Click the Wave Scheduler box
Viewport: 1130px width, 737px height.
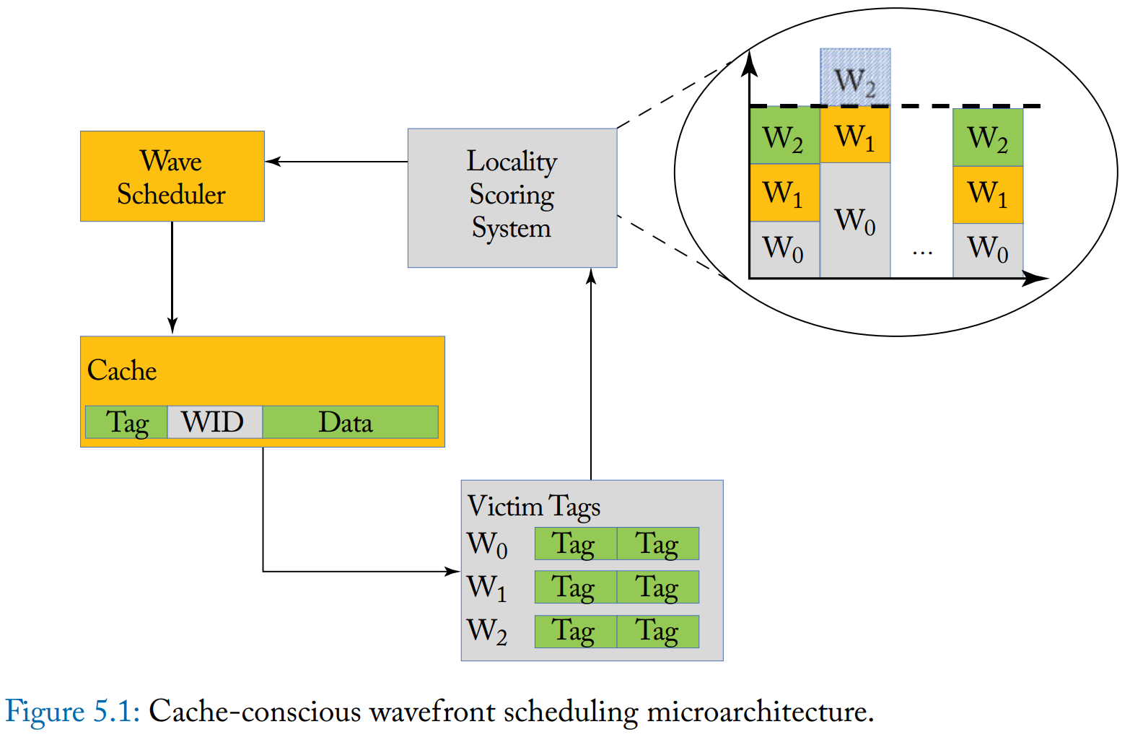point(172,176)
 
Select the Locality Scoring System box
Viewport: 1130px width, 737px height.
point(512,197)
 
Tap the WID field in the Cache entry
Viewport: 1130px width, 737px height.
point(214,422)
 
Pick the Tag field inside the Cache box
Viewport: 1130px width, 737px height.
point(126,422)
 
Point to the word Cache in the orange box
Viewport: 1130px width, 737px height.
point(122,370)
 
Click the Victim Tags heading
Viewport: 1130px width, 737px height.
point(533,506)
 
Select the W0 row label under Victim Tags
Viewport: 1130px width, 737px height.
point(487,544)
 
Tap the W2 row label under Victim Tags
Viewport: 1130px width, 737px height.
point(487,631)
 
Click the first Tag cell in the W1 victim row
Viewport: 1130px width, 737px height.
point(575,587)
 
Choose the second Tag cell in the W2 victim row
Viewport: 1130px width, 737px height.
point(657,632)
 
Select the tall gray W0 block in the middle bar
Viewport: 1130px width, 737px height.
point(855,220)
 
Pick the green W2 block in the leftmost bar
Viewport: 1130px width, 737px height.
point(784,136)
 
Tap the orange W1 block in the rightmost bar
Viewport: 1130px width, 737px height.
point(987,194)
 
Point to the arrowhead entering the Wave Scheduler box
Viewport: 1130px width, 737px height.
point(271,162)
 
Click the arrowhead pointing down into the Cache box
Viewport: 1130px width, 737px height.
point(172,328)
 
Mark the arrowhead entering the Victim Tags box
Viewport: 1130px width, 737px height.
point(454,572)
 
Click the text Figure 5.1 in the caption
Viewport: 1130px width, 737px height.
point(72,712)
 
